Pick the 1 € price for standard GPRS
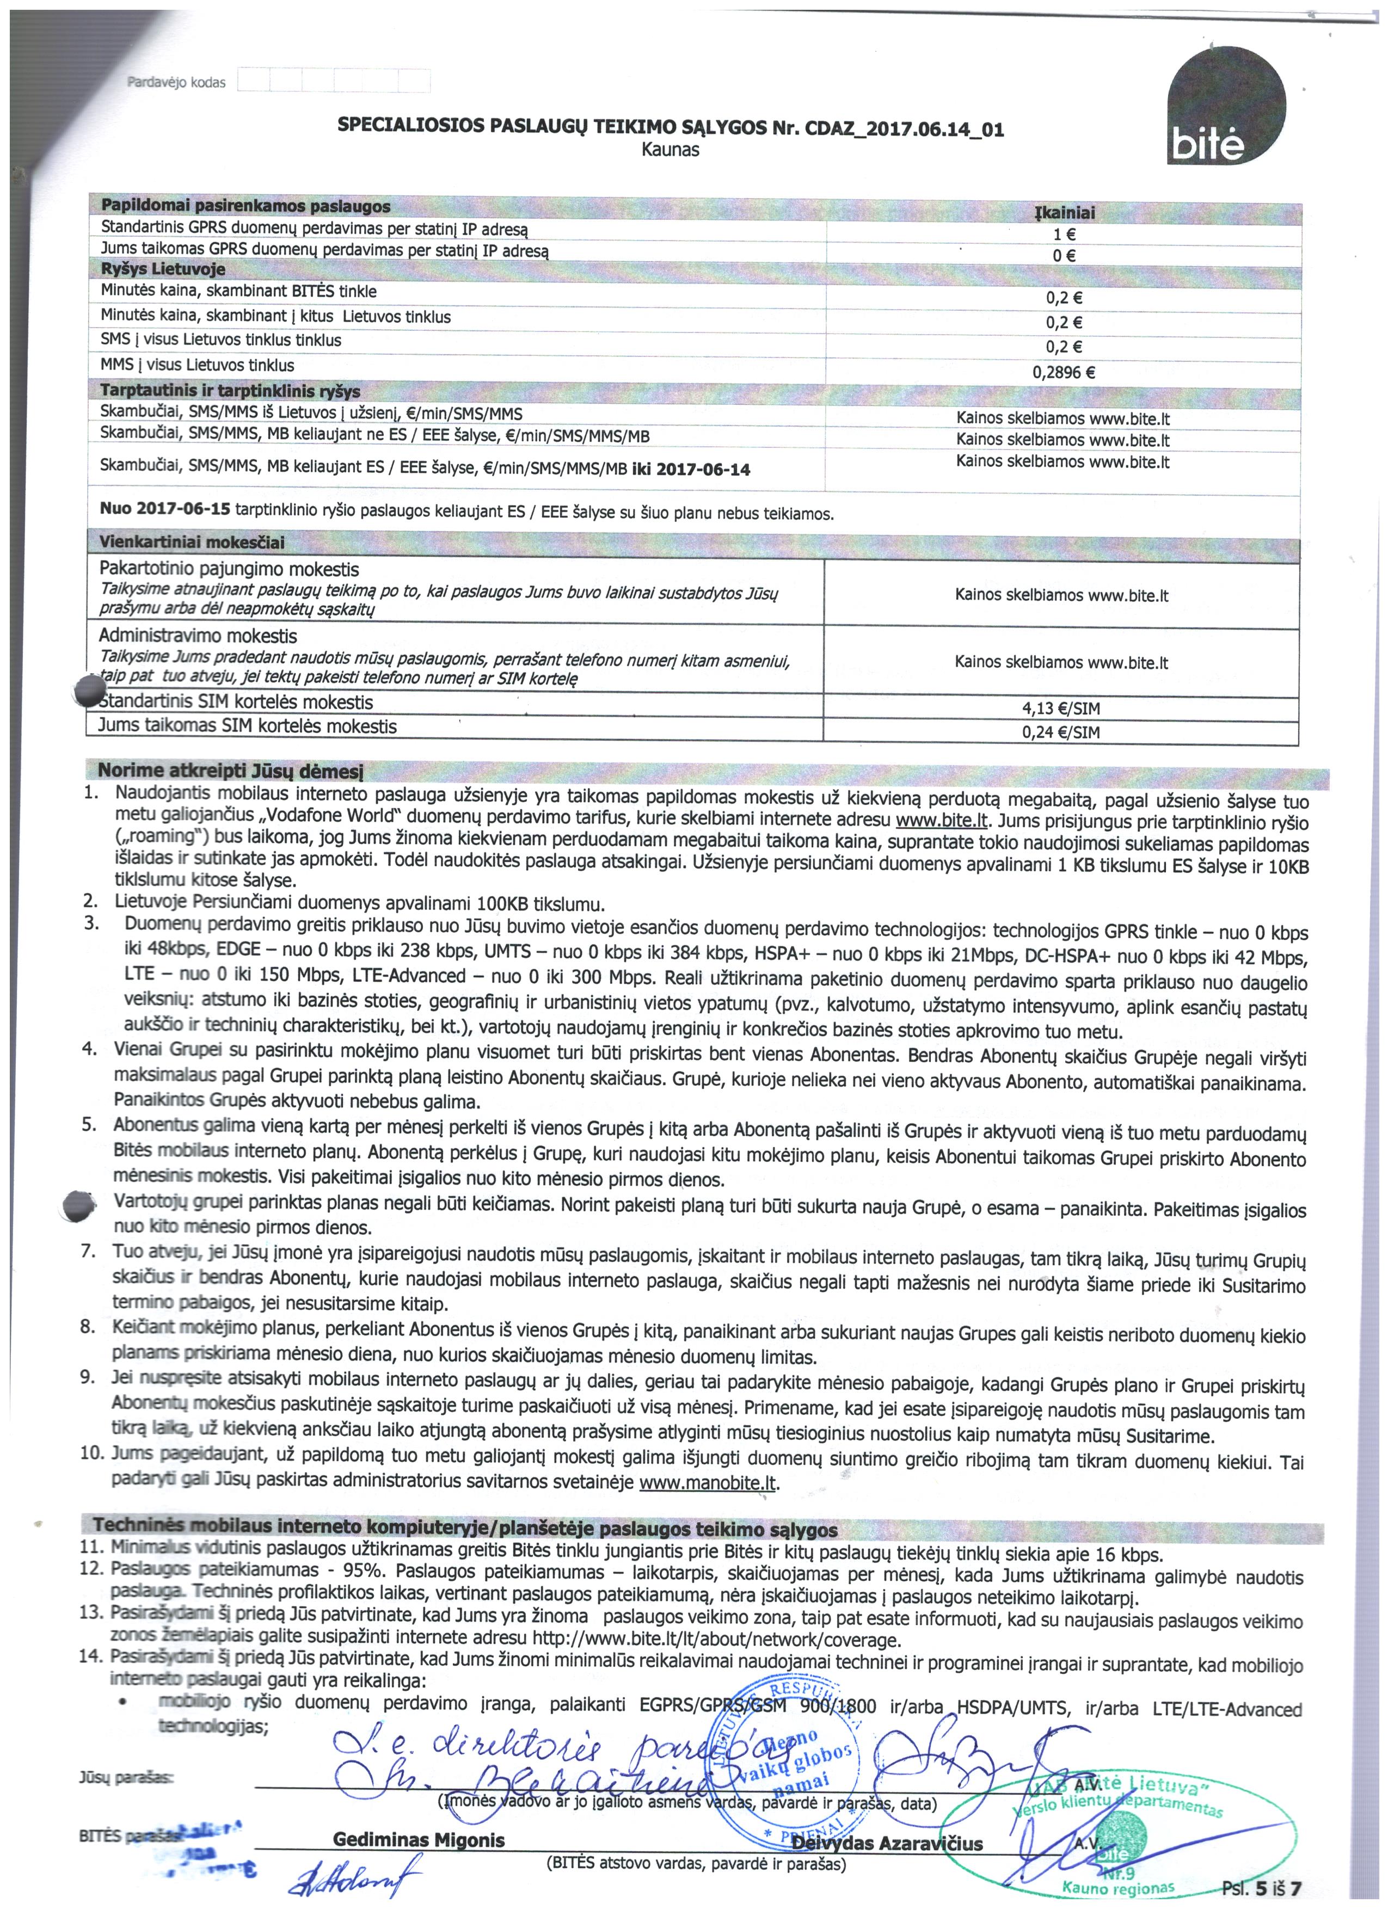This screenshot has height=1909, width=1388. click(1064, 236)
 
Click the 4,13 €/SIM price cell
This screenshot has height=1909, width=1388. click(1060, 709)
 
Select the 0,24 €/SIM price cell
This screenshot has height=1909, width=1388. click(1060, 732)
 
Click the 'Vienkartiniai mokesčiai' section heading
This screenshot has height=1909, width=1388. click(192, 541)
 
